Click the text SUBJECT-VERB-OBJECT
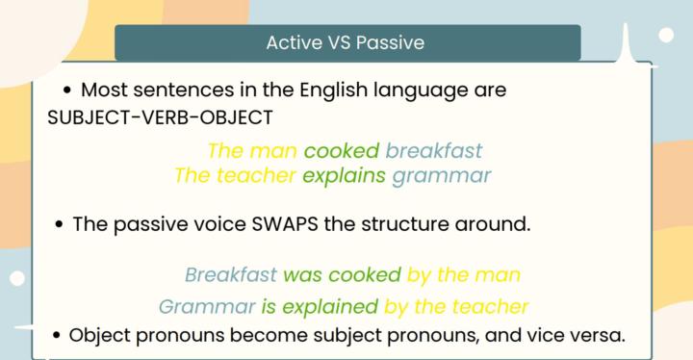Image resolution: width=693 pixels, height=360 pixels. (160, 117)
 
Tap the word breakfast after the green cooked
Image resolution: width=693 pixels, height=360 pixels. (434, 151)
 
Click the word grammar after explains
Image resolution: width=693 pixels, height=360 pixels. (441, 176)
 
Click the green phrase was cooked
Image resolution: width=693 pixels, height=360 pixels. (342, 274)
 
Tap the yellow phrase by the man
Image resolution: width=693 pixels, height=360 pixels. (464, 274)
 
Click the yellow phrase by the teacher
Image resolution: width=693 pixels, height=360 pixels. (456, 307)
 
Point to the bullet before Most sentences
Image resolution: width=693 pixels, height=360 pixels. (67, 91)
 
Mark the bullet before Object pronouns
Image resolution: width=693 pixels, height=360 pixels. (58, 337)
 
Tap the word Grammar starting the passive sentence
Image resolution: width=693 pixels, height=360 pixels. (206, 307)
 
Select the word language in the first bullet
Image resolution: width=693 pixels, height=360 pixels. (414, 91)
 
